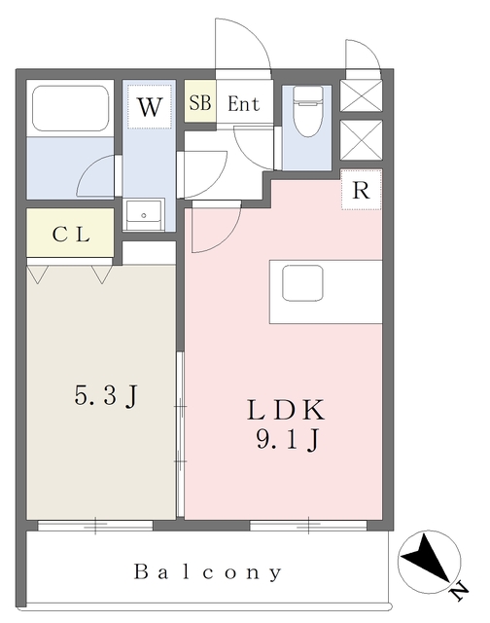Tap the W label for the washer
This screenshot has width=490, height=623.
coord(149,107)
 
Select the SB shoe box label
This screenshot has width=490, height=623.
coord(200,103)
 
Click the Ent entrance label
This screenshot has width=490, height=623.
coord(243,104)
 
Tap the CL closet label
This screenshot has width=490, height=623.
coord(71,235)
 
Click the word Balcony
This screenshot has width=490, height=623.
coord(208,572)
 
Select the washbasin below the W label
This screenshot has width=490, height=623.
coord(144,212)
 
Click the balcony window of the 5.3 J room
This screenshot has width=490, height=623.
coord(95,526)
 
